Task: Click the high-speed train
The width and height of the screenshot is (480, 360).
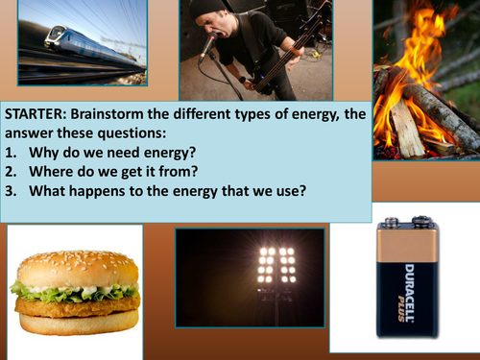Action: point(77,48)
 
